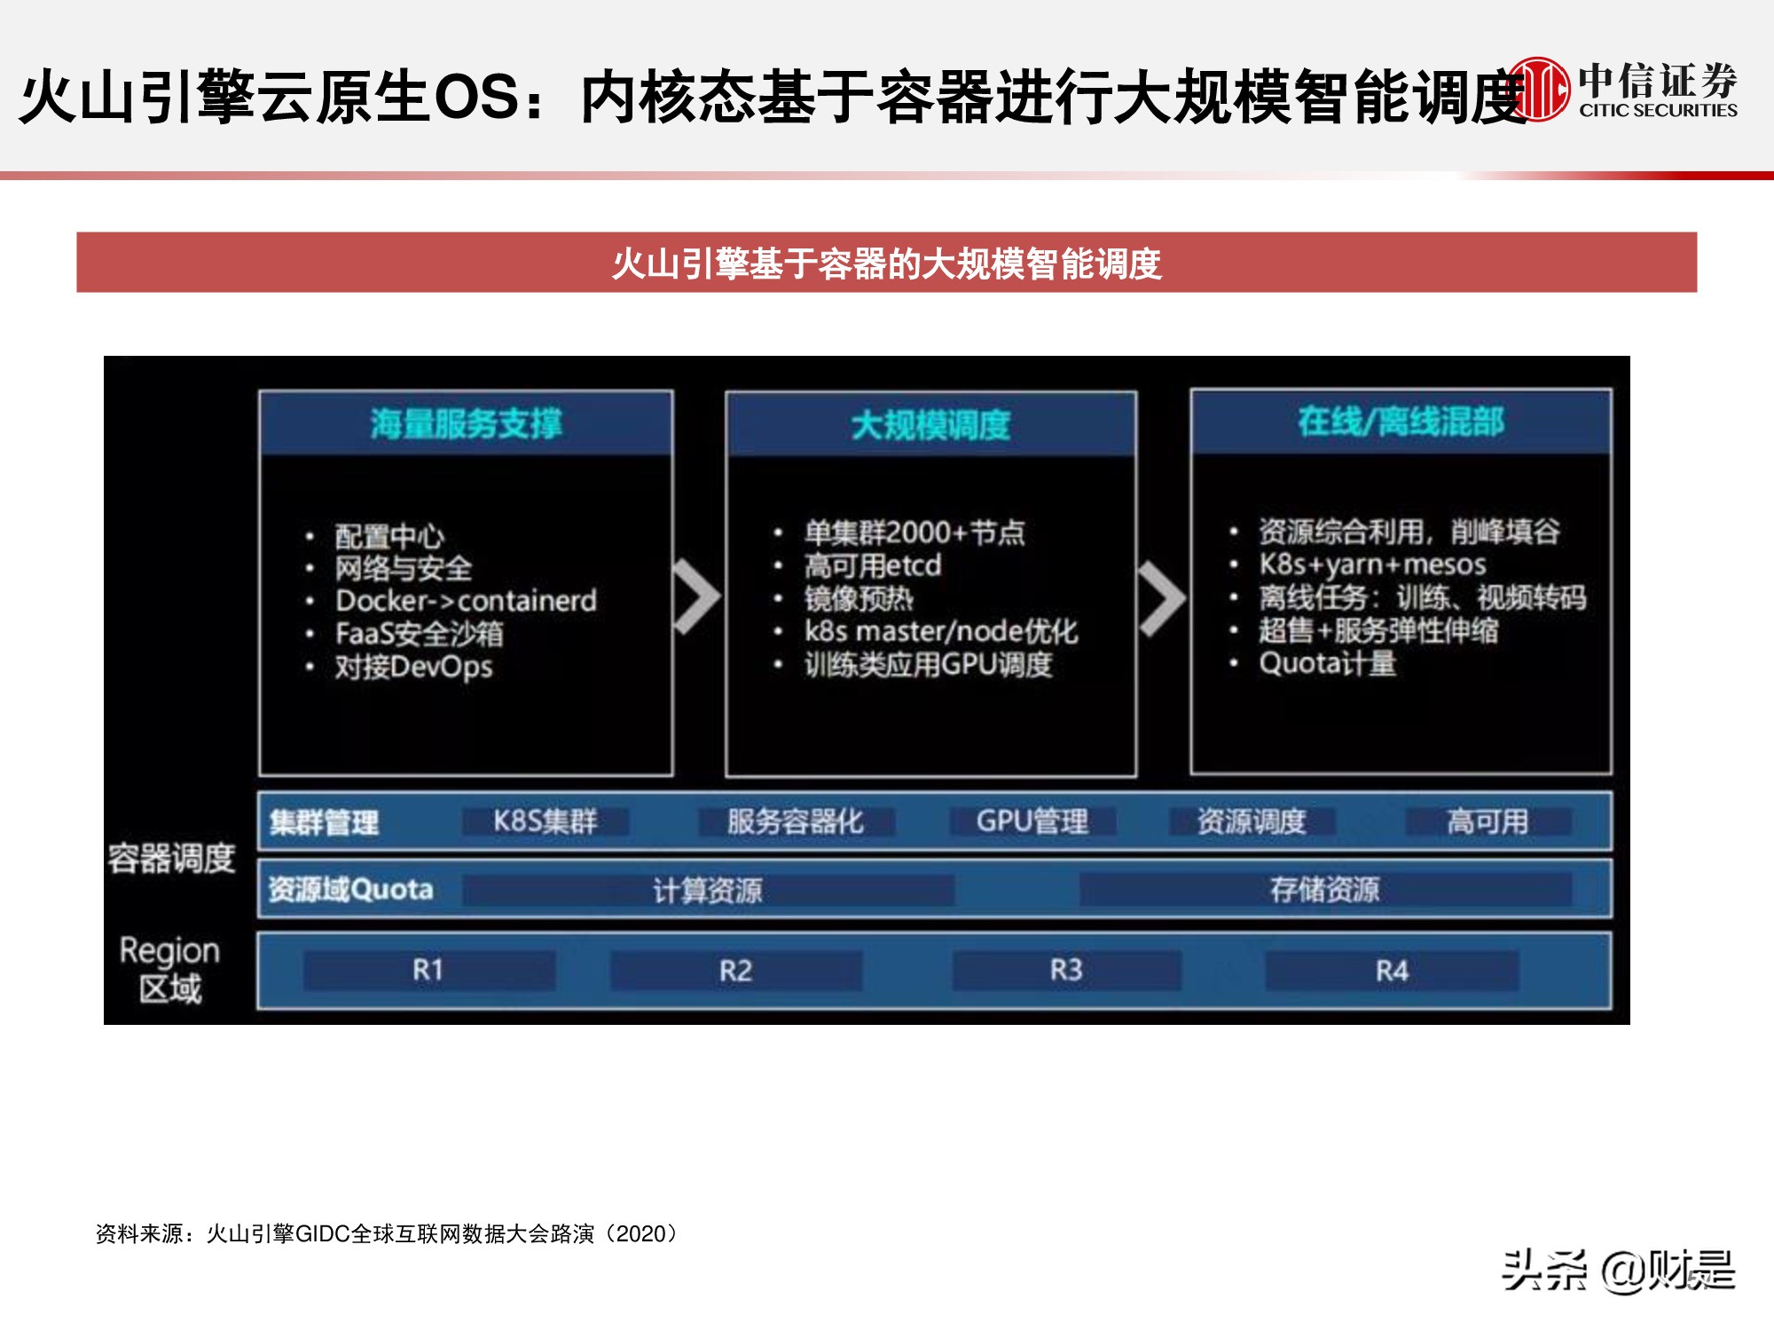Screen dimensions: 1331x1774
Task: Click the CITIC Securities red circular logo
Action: pyautogui.click(x=1539, y=89)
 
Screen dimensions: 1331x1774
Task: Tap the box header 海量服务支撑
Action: pyautogui.click(x=466, y=423)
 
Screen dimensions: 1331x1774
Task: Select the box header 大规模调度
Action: pyautogui.click(x=930, y=425)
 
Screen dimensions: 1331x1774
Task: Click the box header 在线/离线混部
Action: pyautogui.click(x=1401, y=421)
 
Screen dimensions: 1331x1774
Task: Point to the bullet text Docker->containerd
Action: pyautogui.click(x=466, y=601)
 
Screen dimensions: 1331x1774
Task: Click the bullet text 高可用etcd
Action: pyautogui.click(x=872, y=565)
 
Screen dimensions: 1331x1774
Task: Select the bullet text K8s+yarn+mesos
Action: pyautogui.click(x=1372, y=564)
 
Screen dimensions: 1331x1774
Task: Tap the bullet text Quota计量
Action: pyautogui.click(x=1327, y=663)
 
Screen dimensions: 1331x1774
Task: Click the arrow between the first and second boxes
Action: pyautogui.click(x=697, y=596)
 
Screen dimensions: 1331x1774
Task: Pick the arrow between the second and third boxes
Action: pyautogui.click(x=1162, y=598)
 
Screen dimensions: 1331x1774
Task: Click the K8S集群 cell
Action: pyautogui.click(x=545, y=822)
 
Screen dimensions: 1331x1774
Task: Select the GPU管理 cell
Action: pyautogui.click(x=1032, y=822)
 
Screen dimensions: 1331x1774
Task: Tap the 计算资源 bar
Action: pyautogui.click(x=708, y=890)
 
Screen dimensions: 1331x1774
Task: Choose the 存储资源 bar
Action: pyautogui.click(x=1325, y=889)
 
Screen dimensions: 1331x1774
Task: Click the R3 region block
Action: pyautogui.click(x=1066, y=970)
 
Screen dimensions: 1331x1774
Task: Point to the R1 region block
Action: pyautogui.click(x=428, y=970)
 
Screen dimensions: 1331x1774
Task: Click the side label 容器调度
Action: pyautogui.click(x=171, y=858)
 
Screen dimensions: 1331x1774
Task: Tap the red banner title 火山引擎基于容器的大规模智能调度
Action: pyautogui.click(x=886, y=264)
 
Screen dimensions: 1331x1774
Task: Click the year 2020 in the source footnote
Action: pyautogui.click(x=640, y=1233)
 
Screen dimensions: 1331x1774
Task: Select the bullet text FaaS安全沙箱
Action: pyautogui.click(x=419, y=634)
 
